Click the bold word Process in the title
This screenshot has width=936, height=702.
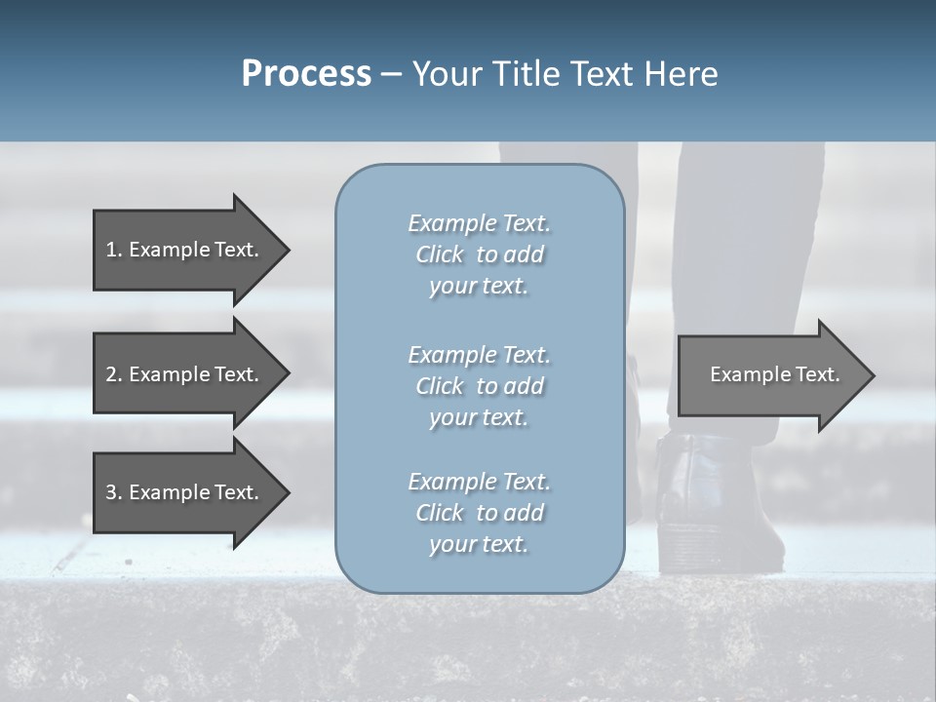306,74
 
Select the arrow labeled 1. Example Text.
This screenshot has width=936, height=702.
185,250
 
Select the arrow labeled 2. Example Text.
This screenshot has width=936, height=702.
185,374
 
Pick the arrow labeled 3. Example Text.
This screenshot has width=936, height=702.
185,492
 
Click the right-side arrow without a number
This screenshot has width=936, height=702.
770,374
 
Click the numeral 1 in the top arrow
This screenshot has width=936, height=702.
111,250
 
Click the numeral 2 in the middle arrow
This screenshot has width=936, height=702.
111,374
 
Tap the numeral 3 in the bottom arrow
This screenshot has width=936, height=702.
111,492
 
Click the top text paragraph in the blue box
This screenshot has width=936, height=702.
479,254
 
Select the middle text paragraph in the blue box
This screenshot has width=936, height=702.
479,386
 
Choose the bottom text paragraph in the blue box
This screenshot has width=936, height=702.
479,513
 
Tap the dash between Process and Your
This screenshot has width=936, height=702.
391,75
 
